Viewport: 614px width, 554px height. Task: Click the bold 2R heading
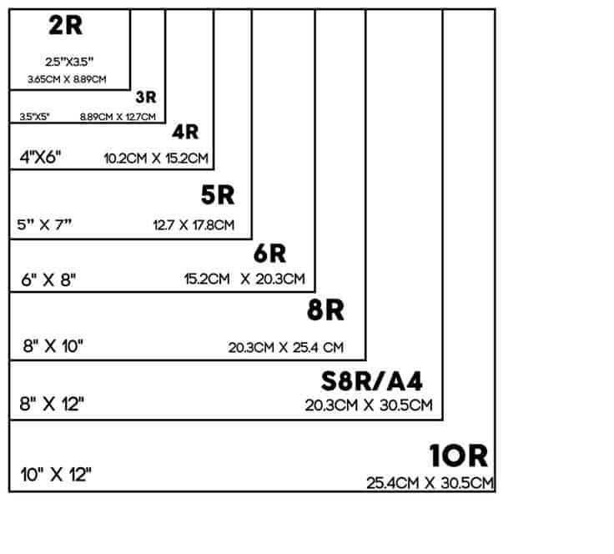pyautogui.click(x=65, y=26)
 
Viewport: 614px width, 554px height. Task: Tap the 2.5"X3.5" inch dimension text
pyautogui.click(x=69, y=62)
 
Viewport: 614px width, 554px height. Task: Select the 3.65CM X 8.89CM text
pyautogui.click(x=67, y=79)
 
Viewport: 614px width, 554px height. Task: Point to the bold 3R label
pyautogui.click(x=146, y=97)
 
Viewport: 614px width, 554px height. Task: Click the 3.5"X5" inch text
pyautogui.click(x=34, y=117)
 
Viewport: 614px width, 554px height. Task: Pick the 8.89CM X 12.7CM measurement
pyautogui.click(x=118, y=117)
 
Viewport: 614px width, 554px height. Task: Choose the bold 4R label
pyautogui.click(x=185, y=132)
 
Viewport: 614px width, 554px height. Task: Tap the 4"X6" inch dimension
pyautogui.click(x=40, y=158)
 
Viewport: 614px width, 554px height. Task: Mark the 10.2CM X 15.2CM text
pyautogui.click(x=156, y=159)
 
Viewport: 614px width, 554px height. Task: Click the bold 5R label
pyautogui.click(x=218, y=195)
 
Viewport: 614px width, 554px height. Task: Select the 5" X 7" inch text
pyautogui.click(x=44, y=224)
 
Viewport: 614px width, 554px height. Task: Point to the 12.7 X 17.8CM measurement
pyautogui.click(x=194, y=225)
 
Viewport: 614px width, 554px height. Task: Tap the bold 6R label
pyautogui.click(x=269, y=254)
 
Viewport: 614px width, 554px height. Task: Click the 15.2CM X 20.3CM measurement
pyautogui.click(x=244, y=280)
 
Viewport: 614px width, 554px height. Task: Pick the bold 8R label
pyautogui.click(x=325, y=310)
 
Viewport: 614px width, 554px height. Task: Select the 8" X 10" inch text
pyautogui.click(x=53, y=346)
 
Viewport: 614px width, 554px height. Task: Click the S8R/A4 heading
pyautogui.click(x=371, y=381)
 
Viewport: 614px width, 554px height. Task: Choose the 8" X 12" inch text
pyautogui.click(x=52, y=404)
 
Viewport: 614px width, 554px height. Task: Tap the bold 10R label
pyautogui.click(x=459, y=456)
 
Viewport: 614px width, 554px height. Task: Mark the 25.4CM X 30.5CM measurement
pyautogui.click(x=430, y=483)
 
